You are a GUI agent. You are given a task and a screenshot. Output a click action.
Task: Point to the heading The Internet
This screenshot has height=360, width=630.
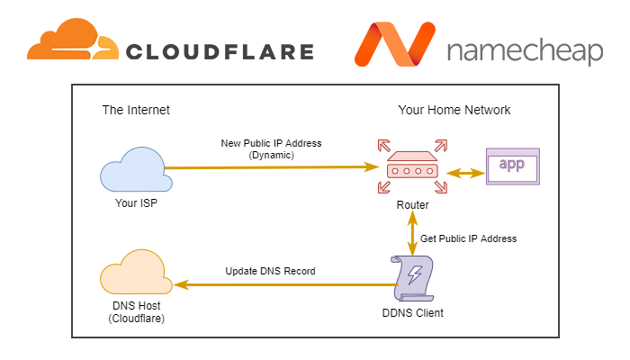click(136, 110)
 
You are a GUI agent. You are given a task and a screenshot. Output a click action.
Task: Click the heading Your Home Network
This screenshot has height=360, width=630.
click(454, 110)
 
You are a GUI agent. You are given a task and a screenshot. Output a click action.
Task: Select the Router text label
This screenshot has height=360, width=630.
click(412, 205)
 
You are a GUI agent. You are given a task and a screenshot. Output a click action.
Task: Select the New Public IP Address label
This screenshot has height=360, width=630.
click(270, 148)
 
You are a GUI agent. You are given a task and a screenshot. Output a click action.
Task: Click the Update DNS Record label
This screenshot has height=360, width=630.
click(270, 271)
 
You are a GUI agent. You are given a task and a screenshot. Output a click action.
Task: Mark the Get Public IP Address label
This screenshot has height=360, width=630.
click(469, 238)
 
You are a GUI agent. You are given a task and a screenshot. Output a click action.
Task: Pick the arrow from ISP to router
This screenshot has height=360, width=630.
click(270, 166)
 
